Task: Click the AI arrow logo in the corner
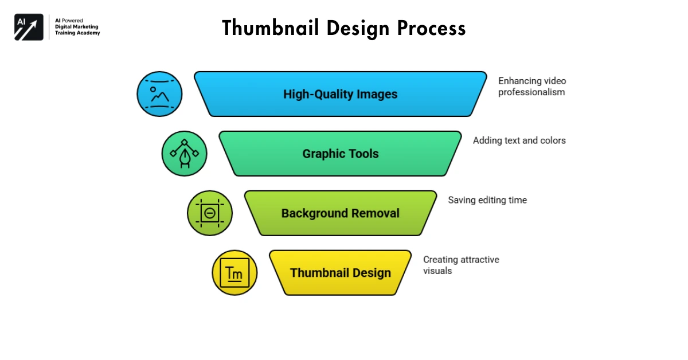[29, 27]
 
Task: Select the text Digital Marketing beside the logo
[77, 26]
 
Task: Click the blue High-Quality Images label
[340, 94]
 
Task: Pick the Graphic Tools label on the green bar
[340, 154]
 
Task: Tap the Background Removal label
[340, 213]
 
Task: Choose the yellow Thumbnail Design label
[340, 273]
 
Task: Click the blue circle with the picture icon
[159, 94]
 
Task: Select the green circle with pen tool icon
[184, 154]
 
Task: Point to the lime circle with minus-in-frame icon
[210, 213]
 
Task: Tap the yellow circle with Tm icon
[234, 273]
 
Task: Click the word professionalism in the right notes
[531, 92]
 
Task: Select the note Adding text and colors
[519, 140]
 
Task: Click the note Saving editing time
[487, 200]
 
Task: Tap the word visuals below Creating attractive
[437, 271]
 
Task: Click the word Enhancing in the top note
[519, 81]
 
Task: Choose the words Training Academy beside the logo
[77, 33]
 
